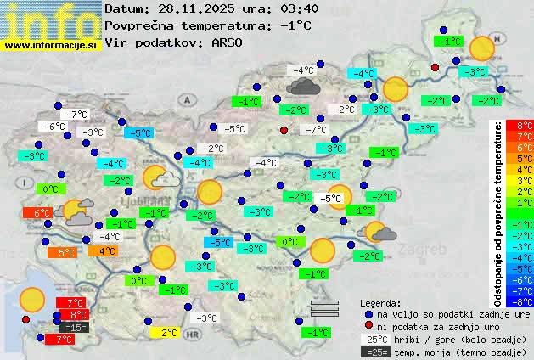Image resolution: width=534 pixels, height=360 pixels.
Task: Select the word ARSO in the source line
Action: click(228, 42)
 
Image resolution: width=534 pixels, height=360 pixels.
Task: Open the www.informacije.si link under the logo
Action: click(51, 44)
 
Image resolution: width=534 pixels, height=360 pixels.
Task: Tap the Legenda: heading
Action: click(380, 302)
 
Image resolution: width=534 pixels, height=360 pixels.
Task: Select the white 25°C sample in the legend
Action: click(374, 339)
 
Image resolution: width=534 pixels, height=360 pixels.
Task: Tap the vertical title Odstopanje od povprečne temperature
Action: click(498, 212)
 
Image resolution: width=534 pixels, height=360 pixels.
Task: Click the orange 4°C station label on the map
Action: click(107, 250)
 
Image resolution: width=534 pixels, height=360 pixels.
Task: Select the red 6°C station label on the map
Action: click(42, 213)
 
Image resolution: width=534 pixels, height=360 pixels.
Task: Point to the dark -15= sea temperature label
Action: click(74, 327)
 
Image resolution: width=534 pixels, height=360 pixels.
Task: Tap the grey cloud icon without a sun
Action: click(303, 86)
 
